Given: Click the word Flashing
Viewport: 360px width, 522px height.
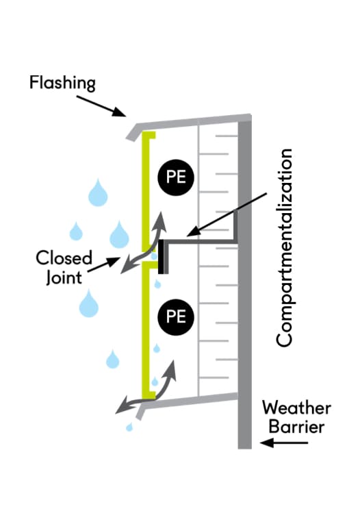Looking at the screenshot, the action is [62, 83].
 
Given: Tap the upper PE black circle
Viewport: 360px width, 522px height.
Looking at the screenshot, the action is [176, 177].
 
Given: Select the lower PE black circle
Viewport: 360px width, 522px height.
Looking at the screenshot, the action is [176, 316].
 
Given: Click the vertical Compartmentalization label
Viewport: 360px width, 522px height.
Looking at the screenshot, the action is [285, 248].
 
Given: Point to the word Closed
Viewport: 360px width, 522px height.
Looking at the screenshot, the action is [64, 258].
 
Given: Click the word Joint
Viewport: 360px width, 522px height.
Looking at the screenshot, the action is [64, 277].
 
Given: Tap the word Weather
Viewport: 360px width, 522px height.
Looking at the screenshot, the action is [296, 408].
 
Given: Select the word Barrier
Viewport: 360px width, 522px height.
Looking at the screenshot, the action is [296, 427].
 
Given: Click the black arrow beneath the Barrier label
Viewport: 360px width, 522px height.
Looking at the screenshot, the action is [284, 443].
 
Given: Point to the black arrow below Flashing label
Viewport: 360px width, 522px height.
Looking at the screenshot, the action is [101, 106].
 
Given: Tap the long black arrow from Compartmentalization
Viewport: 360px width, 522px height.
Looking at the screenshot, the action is [227, 214].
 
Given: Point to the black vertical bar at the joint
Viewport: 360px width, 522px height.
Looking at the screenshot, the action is [161, 257].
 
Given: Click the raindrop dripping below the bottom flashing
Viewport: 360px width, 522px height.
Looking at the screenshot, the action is [129, 427].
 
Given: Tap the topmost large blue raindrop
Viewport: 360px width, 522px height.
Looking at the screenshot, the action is [98, 193].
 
